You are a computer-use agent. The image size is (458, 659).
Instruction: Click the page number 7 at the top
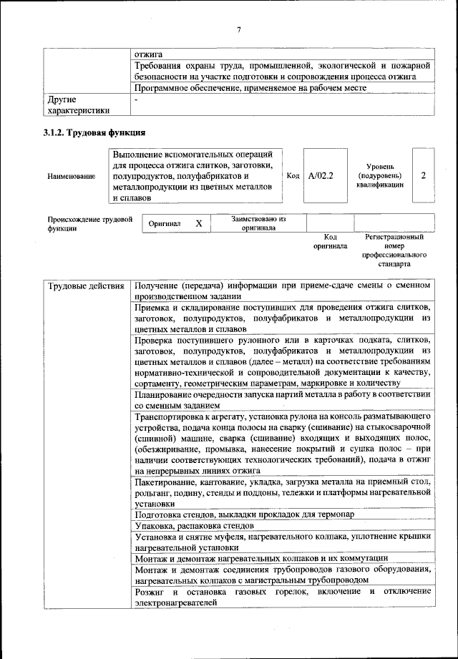tap(239, 29)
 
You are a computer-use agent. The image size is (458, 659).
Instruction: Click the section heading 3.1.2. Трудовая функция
tap(94, 132)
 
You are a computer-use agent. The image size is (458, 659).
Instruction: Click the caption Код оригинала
tap(330, 241)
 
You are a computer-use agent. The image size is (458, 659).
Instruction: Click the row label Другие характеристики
tap(77, 105)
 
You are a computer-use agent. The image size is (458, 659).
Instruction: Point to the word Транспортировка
tap(170, 416)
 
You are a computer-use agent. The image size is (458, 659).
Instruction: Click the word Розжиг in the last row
tap(150, 592)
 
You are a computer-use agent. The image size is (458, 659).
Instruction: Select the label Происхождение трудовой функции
tap(90, 224)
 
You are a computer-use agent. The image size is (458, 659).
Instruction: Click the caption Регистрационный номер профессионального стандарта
tap(394, 250)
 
